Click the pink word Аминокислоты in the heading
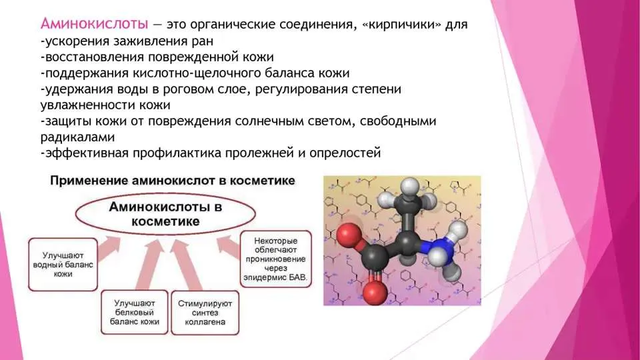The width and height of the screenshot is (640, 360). (x=94, y=24)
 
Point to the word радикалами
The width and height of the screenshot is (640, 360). (x=77, y=137)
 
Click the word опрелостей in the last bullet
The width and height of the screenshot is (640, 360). (x=345, y=153)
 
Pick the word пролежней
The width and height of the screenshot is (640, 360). (x=259, y=153)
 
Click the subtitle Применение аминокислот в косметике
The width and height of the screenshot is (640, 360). (x=172, y=181)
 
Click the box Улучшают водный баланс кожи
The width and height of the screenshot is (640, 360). (x=63, y=265)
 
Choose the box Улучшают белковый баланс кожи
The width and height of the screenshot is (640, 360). (x=134, y=312)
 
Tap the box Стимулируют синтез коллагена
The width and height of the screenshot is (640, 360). (x=205, y=313)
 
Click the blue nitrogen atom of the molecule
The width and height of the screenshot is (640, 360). (x=434, y=246)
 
